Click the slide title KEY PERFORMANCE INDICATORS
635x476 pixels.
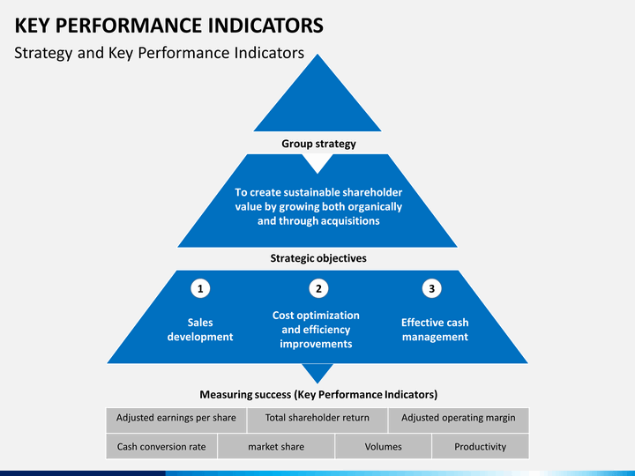[168, 26]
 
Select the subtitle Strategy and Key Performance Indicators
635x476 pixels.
[159, 53]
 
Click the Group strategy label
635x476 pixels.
[318, 144]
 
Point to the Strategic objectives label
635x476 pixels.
[318, 258]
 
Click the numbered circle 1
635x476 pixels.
[200, 288]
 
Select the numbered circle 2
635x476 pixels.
[318, 288]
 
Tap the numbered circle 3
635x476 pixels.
[431, 288]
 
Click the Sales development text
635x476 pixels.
[200, 330]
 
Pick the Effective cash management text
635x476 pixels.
[435, 330]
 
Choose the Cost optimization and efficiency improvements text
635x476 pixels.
[316, 330]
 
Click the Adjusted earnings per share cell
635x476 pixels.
[176, 420]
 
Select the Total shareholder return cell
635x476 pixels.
[317, 420]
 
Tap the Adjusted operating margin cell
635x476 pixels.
[459, 420]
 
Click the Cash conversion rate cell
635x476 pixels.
[161, 446]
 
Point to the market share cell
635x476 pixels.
[276, 446]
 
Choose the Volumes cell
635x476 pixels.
[383, 446]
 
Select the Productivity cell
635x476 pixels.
[481, 446]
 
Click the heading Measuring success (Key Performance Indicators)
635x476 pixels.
[318, 395]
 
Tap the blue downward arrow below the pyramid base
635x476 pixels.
[317, 372]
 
